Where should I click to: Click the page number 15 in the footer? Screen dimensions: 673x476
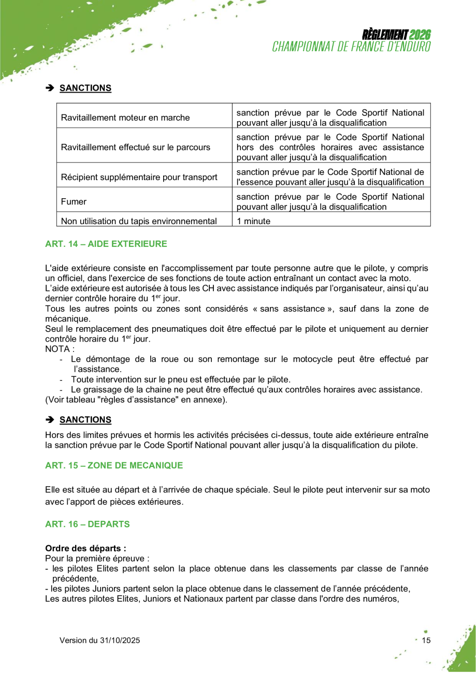point(426,640)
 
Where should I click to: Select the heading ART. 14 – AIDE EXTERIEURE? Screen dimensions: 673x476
point(106,243)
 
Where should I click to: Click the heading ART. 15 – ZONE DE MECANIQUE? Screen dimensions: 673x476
point(114,465)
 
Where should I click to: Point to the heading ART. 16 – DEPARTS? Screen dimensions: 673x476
point(88,524)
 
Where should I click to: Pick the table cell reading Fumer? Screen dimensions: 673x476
point(74,201)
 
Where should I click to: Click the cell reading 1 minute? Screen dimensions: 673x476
point(254,221)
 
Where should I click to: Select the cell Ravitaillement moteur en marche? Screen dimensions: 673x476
point(125,118)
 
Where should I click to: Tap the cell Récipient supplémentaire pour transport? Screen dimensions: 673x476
point(139,177)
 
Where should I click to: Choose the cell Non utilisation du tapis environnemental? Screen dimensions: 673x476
point(139,221)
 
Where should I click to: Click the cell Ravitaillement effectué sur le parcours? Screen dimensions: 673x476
point(136,147)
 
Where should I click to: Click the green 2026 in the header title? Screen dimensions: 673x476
point(420,35)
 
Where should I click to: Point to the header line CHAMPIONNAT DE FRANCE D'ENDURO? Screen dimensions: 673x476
point(352,46)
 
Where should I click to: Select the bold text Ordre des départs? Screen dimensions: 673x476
point(85,547)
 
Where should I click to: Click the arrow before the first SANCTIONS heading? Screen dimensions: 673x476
point(50,88)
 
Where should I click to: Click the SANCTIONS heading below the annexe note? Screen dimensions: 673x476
point(85,419)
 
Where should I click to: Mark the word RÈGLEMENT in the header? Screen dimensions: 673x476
point(385,35)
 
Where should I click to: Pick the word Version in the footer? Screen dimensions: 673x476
point(73,640)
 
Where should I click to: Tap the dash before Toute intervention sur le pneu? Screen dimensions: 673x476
point(62,379)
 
